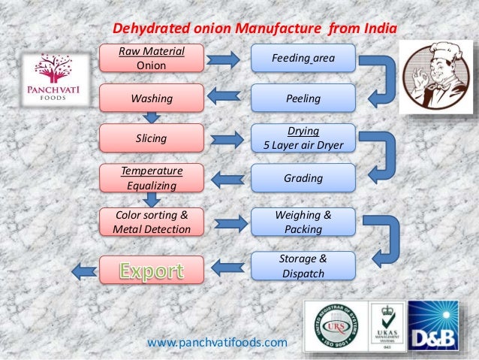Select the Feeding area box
(x=303, y=58)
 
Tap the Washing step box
(x=152, y=98)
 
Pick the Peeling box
(x=303, y=98)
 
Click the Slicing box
(x=152, y=139)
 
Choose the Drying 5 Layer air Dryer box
(x=303, y=138)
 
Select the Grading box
(x=303, y=179)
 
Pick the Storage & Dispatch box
(x=303, y=266)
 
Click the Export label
(x=152, y=268)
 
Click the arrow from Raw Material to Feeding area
(x=224, y=59)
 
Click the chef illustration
(x=436, y=77)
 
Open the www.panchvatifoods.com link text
(x=217, y=343)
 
